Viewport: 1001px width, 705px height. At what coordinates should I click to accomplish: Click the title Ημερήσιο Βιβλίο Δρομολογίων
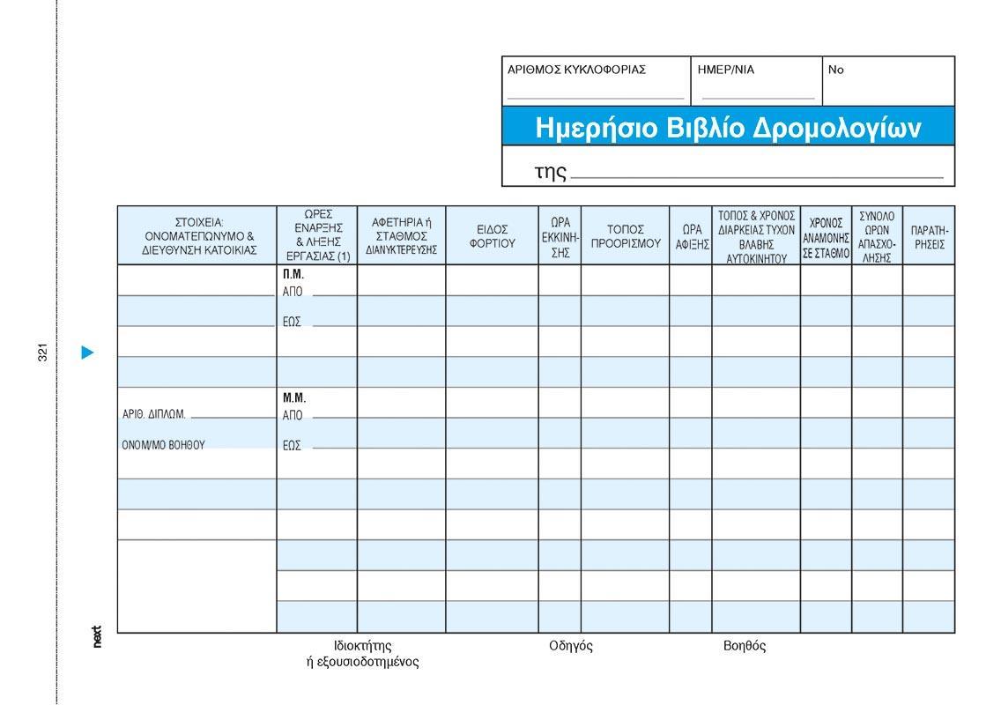click(728, 129)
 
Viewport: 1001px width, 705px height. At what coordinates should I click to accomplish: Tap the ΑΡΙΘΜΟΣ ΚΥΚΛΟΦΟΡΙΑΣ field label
click(576, 70)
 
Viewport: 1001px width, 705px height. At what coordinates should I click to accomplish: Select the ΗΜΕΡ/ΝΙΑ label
click(726, 70)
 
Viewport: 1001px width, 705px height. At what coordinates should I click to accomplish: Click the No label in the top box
click(835, 70)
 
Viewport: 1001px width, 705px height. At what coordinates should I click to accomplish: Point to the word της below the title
click(550, 171)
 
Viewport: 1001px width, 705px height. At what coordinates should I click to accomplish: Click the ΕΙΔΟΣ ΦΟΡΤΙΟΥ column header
click(492, 236)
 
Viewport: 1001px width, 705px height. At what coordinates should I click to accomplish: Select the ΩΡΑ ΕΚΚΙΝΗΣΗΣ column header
click(560, 236)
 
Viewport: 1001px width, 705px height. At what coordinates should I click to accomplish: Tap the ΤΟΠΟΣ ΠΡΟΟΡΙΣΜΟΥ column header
click(626, 236)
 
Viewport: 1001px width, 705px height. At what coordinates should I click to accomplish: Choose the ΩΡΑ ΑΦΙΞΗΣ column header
click(692, 236)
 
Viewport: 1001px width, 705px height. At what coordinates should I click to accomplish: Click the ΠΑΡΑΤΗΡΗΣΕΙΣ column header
click(929, 236)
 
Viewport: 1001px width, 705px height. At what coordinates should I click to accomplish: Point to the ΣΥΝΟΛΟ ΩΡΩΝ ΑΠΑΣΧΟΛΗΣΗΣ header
click(877, 236)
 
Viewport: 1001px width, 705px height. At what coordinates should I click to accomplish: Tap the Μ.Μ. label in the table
click(294, 398)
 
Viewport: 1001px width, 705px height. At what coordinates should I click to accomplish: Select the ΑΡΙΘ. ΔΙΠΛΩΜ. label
click(153, 415)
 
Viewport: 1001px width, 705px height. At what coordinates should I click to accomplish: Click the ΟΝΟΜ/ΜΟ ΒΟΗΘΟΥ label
click(163, 445)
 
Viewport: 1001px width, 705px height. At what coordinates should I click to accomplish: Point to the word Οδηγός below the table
click(570, 646)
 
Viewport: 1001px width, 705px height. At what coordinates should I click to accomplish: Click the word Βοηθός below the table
click(745, 646)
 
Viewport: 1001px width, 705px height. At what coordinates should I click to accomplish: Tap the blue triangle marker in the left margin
click(87, 352)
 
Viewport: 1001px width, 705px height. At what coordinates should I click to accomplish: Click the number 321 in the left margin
click(42, 352)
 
